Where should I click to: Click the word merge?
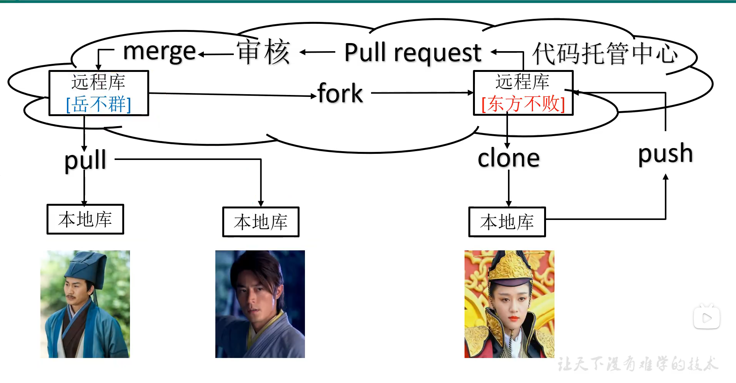(x=160, y=52)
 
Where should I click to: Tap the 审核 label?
(x=263, y=52)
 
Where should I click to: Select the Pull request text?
(x=413, y=53)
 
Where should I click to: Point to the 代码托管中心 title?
(x=605, y=54)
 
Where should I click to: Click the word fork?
(x=340, y=93)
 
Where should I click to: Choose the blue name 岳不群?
(x=99, y=104)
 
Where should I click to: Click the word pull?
(x=85, y=160)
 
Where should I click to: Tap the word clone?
(x=508, y=158)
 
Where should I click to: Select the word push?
(x=666, y=153)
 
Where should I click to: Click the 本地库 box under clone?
(x=507, y=222)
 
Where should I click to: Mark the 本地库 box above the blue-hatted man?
(x=85, y=219)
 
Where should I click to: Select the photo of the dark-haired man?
(x=260, y=304)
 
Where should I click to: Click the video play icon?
(x=706, y=318)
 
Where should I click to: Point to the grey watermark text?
(x=638, y=364)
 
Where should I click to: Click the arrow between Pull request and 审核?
(x=317, y=52)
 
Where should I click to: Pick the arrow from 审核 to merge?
(x=216, y=54)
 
